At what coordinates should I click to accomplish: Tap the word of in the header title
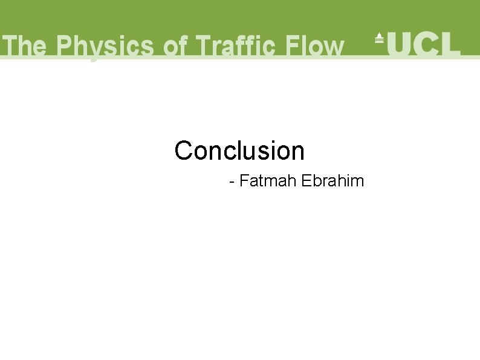(176, 47)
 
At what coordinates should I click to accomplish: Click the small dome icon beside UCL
(379, 38)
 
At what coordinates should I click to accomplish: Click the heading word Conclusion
(239, 151)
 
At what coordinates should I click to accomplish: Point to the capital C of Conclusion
(183, 151)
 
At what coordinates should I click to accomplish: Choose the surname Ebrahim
(332, 181)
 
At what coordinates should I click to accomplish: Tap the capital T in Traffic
(204, 47)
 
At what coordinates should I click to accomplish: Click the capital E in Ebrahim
(305, 181)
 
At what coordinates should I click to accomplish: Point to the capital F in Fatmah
(244, 181)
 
